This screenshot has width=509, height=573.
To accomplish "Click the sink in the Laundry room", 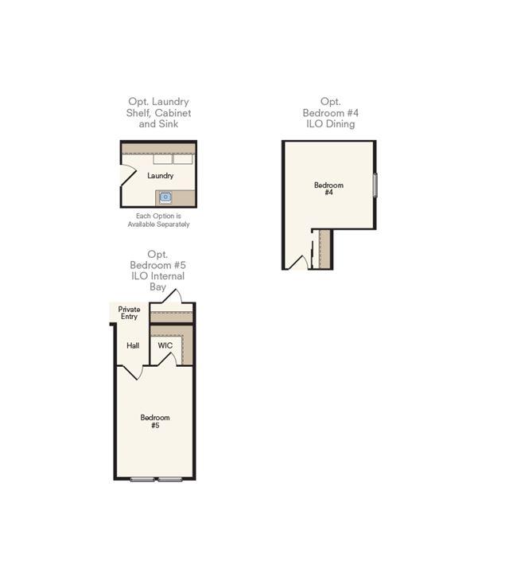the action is point(165,197).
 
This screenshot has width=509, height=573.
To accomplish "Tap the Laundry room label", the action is point(161,176).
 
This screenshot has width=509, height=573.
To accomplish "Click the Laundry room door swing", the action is point(129,175).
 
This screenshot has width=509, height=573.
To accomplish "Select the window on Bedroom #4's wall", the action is point(375,185).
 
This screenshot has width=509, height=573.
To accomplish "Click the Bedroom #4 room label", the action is point(328,189).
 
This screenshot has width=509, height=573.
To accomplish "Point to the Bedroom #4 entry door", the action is point(299,262).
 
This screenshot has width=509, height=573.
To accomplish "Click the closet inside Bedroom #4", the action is point(324,249).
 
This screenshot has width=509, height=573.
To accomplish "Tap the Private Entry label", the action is point(130,313).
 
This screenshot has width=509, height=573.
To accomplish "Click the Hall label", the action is point(133,345).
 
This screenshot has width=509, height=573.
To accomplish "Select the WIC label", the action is point(165,345).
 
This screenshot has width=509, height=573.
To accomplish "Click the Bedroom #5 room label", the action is point(155,421).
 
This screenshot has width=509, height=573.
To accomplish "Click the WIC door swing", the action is point(167,359).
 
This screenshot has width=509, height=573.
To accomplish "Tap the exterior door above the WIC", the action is point(172,296).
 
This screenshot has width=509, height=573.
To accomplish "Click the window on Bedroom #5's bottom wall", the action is point(156,479).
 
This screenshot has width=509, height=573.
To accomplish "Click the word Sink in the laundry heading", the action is point(169,124).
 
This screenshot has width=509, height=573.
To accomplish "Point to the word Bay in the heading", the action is point(157,286).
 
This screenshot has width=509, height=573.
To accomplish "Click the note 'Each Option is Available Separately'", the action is point(158,220).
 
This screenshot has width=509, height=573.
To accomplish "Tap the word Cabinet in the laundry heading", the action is point(173,113).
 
